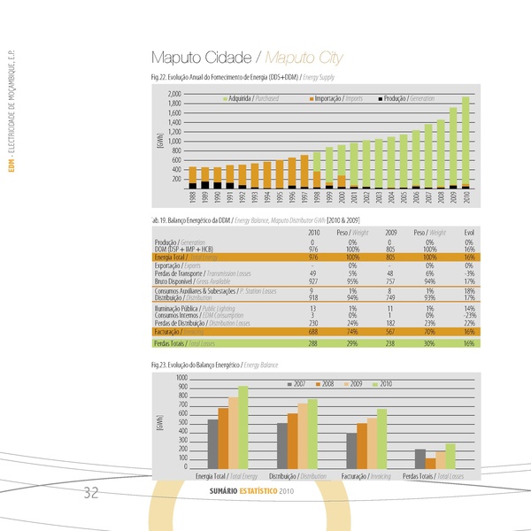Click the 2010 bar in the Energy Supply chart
466,142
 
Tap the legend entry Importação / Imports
332,97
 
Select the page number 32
91,493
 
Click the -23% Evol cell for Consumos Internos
468,315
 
